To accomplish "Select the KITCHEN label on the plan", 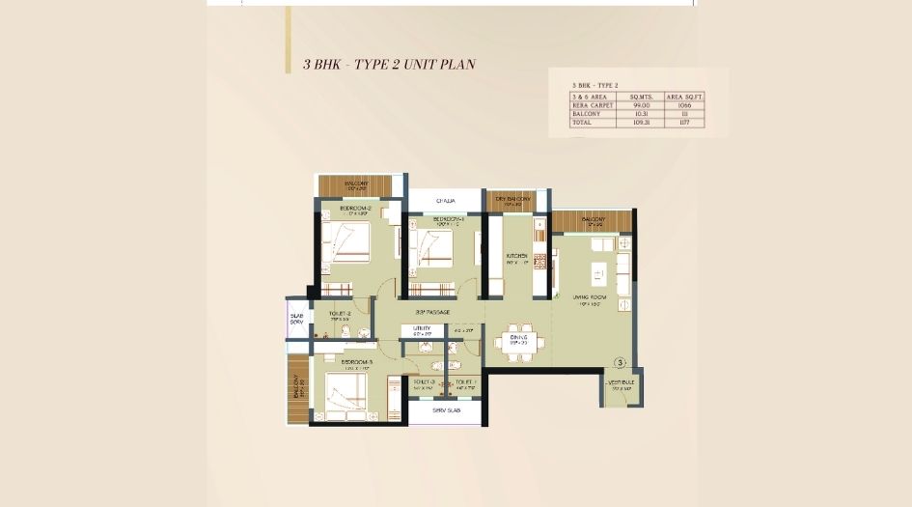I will (517, 256).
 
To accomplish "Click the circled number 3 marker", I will (621, 363).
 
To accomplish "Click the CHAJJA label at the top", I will (445, 200).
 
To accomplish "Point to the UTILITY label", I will (422, 328).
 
